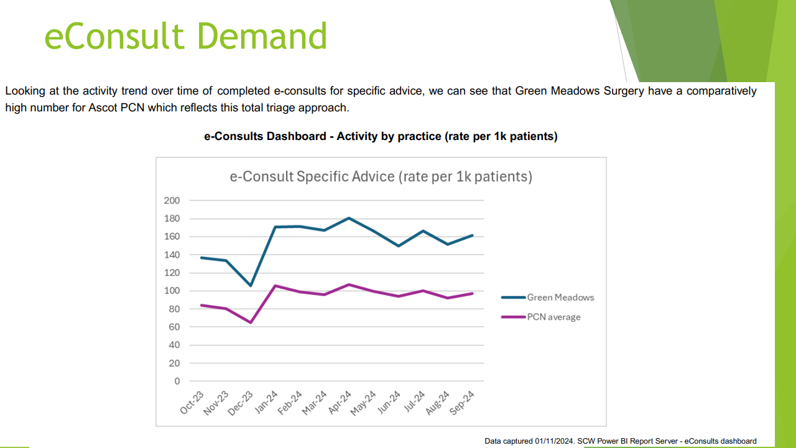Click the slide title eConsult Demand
click(185, 36)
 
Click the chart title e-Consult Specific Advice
click(381, 177)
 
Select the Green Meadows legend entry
click(560, 297)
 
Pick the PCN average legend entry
click(553, 317)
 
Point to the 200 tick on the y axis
click(172, 200)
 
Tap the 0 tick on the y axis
click(177, 381)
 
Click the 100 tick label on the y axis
click(172, 291)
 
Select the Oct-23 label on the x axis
click(192, 403)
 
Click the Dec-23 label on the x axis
click(241, 403)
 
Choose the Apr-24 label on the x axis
click(340, 403)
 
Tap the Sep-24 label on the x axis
click(463, 403)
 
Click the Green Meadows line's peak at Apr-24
click(349, 218)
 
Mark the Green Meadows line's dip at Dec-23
click(251, 286)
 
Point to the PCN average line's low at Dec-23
click(251, 322)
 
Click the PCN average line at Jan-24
click(275, 286)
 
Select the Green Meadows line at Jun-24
click(398, 246)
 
